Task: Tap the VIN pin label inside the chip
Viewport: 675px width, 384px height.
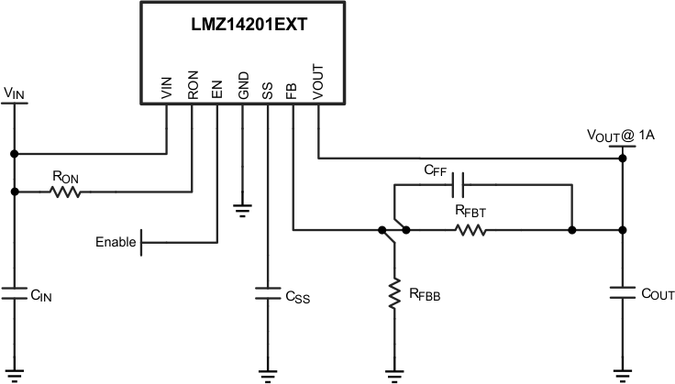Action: [x=167, y=87]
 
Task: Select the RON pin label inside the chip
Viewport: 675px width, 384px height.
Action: [x=192, y=85]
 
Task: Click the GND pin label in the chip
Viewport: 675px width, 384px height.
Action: [x=242, y=85]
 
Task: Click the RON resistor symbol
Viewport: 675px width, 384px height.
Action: [x=65, y=192]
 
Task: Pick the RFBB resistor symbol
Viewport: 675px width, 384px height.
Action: [x=395, y=293]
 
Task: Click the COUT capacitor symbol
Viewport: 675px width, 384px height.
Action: [x=623, y=293]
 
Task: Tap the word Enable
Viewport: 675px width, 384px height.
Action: [x=115, y=243]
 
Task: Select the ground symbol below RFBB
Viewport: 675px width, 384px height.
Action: [x=395, y=374]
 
